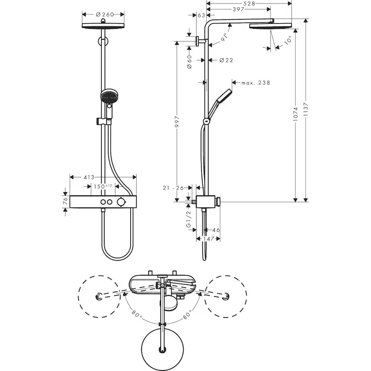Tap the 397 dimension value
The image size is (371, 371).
coord(238,10)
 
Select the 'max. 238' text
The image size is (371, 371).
coord(255,82)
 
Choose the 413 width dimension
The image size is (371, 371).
coord(89,177)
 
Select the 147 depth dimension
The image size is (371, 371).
coord(207,239)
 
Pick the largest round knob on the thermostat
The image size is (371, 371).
coord(121,203)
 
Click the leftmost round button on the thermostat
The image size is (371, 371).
coord(103,203)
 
